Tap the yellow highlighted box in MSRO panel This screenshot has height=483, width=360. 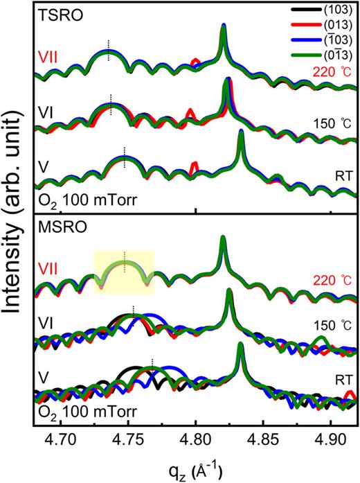pyautogui.click(x=124, y=272)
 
